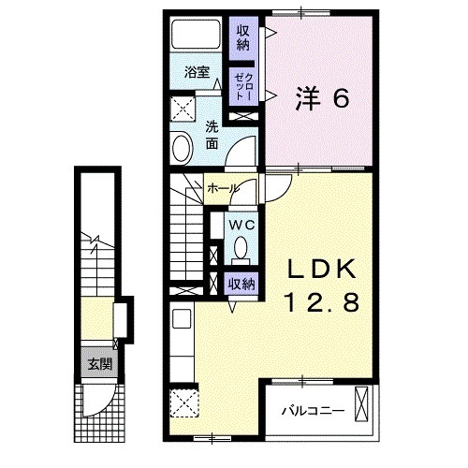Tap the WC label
click(x=237, y=225)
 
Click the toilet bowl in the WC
click(x=241, y=248)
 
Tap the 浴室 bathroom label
click(x=195, y=72)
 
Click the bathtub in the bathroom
click(x=199, y=37)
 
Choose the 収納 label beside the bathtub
click(x=243, y=37)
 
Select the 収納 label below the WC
click(x=241, y=283)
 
